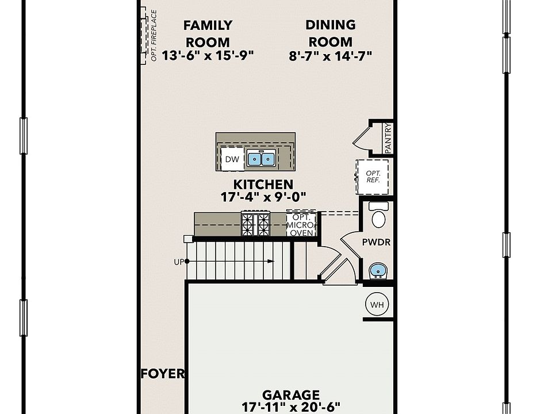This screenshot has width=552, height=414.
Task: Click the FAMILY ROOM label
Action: (x=208, y=33)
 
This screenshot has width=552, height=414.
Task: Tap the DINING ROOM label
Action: (x=330, y=33)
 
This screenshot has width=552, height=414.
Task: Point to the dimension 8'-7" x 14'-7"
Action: (x=331, y=56)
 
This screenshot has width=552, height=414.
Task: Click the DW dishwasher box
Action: (x=232, y=159)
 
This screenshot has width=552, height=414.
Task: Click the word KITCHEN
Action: (x=263, y=185)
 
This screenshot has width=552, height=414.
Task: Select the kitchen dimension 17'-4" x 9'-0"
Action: (x=263, y=197)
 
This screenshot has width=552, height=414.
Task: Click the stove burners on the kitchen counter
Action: (x=255, y=224)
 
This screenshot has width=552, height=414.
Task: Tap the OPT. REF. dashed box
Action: (x=373, y=177)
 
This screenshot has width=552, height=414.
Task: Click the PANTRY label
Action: (x=388, y=138)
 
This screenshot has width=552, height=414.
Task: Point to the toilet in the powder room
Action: (x=378, y=216)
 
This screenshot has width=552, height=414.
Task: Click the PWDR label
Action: (x=376, y=243)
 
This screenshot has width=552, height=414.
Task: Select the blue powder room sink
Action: (x=377, y=270)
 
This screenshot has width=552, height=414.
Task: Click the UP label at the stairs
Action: (x=178, y=262)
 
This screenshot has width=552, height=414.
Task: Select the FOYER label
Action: (x=163, y=374)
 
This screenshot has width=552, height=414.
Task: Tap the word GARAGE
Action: (x=290, y=395)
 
